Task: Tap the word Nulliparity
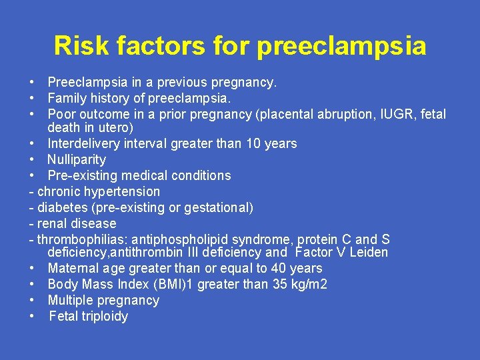click(x=77, y=159)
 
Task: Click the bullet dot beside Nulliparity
click(x=32, y=159)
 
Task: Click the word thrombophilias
click(x=82, y=239)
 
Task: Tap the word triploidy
click(x=104, y=317)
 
